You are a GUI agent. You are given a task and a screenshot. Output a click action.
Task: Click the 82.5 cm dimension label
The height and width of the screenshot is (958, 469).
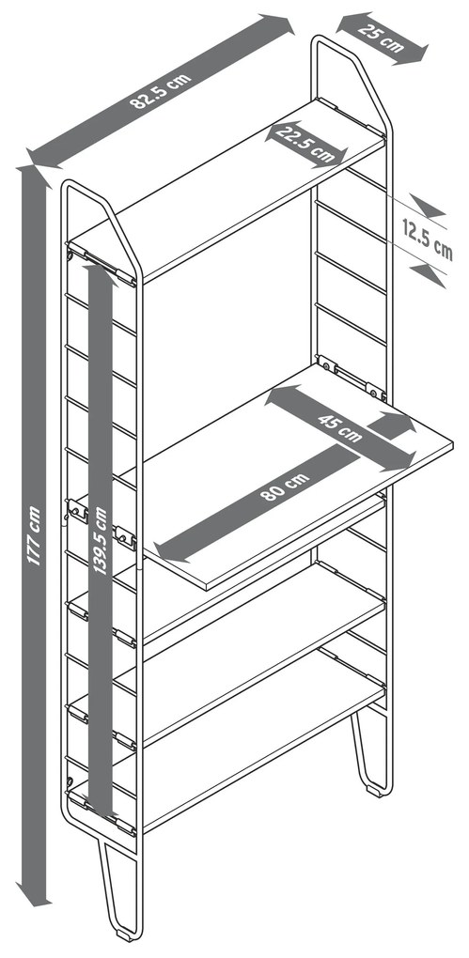(x=160, y=91)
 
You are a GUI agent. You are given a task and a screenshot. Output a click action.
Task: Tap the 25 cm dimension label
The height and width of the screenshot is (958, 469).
(x=382, y=38)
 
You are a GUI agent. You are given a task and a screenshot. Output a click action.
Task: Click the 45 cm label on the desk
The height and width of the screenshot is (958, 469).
(x=340, y=427)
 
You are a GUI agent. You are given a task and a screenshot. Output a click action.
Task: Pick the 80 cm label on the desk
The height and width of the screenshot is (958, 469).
(x=285, y=487)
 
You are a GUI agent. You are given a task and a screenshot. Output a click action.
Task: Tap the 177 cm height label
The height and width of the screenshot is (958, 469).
(x=34, y=535)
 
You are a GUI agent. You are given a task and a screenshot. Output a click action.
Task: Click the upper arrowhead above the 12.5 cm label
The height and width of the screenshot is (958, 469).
(x=428, y=206)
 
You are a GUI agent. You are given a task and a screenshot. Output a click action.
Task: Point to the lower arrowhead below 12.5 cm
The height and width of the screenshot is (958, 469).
(x=428, y=275)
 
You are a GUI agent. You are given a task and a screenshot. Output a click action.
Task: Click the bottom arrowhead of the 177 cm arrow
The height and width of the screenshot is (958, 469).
(x=34, y=893)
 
